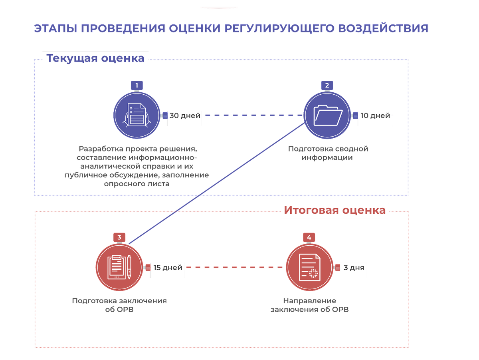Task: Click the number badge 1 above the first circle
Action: [x=137, y=85]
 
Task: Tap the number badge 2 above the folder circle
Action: [x=327, y=85]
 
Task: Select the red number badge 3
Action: [x=119, y=237]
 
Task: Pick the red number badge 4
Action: [x=309, y=237]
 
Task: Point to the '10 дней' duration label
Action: [x=375, y=116]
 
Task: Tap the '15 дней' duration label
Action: [x=168, y=268]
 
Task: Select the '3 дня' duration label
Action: [x=354, y=268]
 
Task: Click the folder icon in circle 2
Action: [x=327, y=115]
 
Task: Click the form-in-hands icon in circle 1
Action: [x=137, y=115]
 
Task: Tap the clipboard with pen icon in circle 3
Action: [x=119, y=267]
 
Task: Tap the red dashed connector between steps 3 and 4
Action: [x=236, y=267]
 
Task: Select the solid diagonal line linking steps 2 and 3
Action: [x=216, y=184]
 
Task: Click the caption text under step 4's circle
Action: [x=310, y=305]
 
